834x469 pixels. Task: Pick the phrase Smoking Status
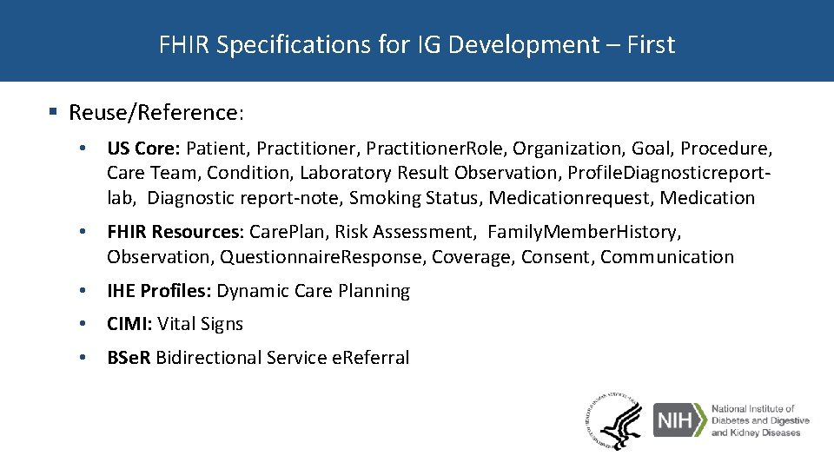point(416,198)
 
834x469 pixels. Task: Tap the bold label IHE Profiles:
point(159,291)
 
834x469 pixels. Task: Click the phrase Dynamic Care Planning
point(313,291)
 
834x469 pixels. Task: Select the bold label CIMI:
point(129,324)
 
